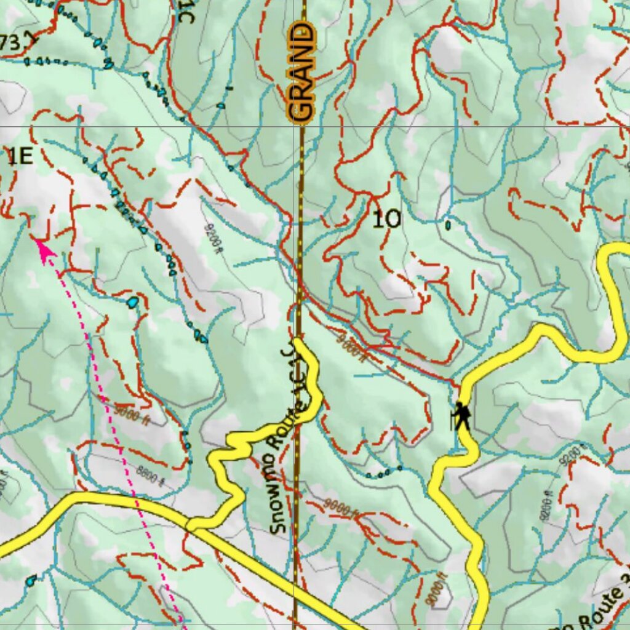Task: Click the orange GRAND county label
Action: (301, 73)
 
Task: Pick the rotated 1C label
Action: (185, 11)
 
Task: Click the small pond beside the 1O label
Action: (447, 226)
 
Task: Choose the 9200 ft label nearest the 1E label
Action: (212, 237)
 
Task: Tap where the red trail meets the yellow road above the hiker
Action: (460, 386)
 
